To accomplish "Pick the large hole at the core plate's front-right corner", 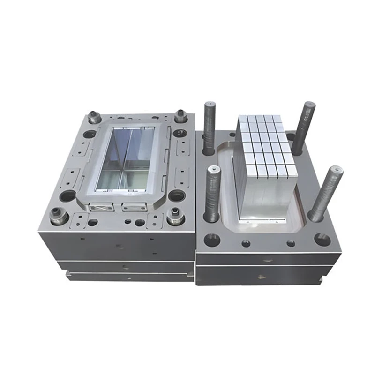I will (x=322, y=239).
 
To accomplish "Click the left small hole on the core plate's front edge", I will (x=246, y=243).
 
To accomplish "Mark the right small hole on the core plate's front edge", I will (x=291, y=243).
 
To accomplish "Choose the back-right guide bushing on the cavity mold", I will (x=181, y=115).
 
